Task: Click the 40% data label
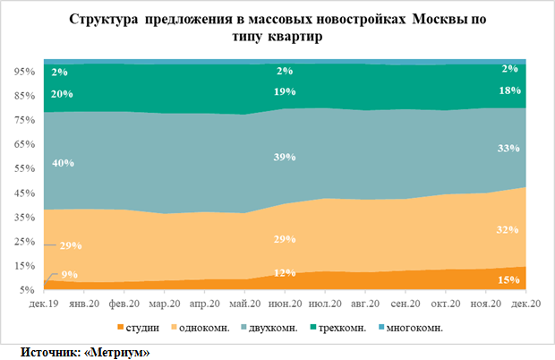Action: [63, 163]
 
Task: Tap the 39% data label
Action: [285, 157]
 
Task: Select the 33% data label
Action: [508, 148]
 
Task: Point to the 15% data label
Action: [508, 280]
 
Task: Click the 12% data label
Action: [285, 272]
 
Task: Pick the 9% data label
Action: [70, 274]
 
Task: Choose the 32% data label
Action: [508, 230]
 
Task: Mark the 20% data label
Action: [62, 94]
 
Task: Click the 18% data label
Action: [509, 90]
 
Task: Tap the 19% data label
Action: [285, 91]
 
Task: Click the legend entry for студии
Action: [139, 328]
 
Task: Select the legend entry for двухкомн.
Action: [269, 328]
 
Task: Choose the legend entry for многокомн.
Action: [411, 328]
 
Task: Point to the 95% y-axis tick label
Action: [24, 72]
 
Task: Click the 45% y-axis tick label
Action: [24, 193]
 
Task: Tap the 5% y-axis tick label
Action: [27, 290]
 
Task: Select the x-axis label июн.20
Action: [285, 304]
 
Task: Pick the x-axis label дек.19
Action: [44, 304]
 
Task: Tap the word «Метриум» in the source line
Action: [117, 352]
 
